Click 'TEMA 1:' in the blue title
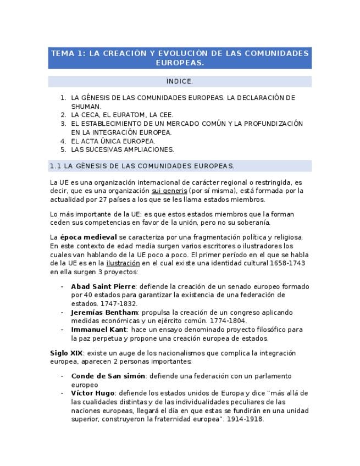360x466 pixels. [68, 53]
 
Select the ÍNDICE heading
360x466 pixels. [180, 82]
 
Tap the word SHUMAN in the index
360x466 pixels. [86, 106]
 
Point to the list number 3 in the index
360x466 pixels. [63, 124]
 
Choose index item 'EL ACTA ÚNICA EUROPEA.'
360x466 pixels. [113, 141]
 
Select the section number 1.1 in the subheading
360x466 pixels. [55, 166]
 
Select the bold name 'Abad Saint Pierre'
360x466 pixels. [103, 286]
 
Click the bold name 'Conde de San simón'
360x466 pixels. [108, 376]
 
